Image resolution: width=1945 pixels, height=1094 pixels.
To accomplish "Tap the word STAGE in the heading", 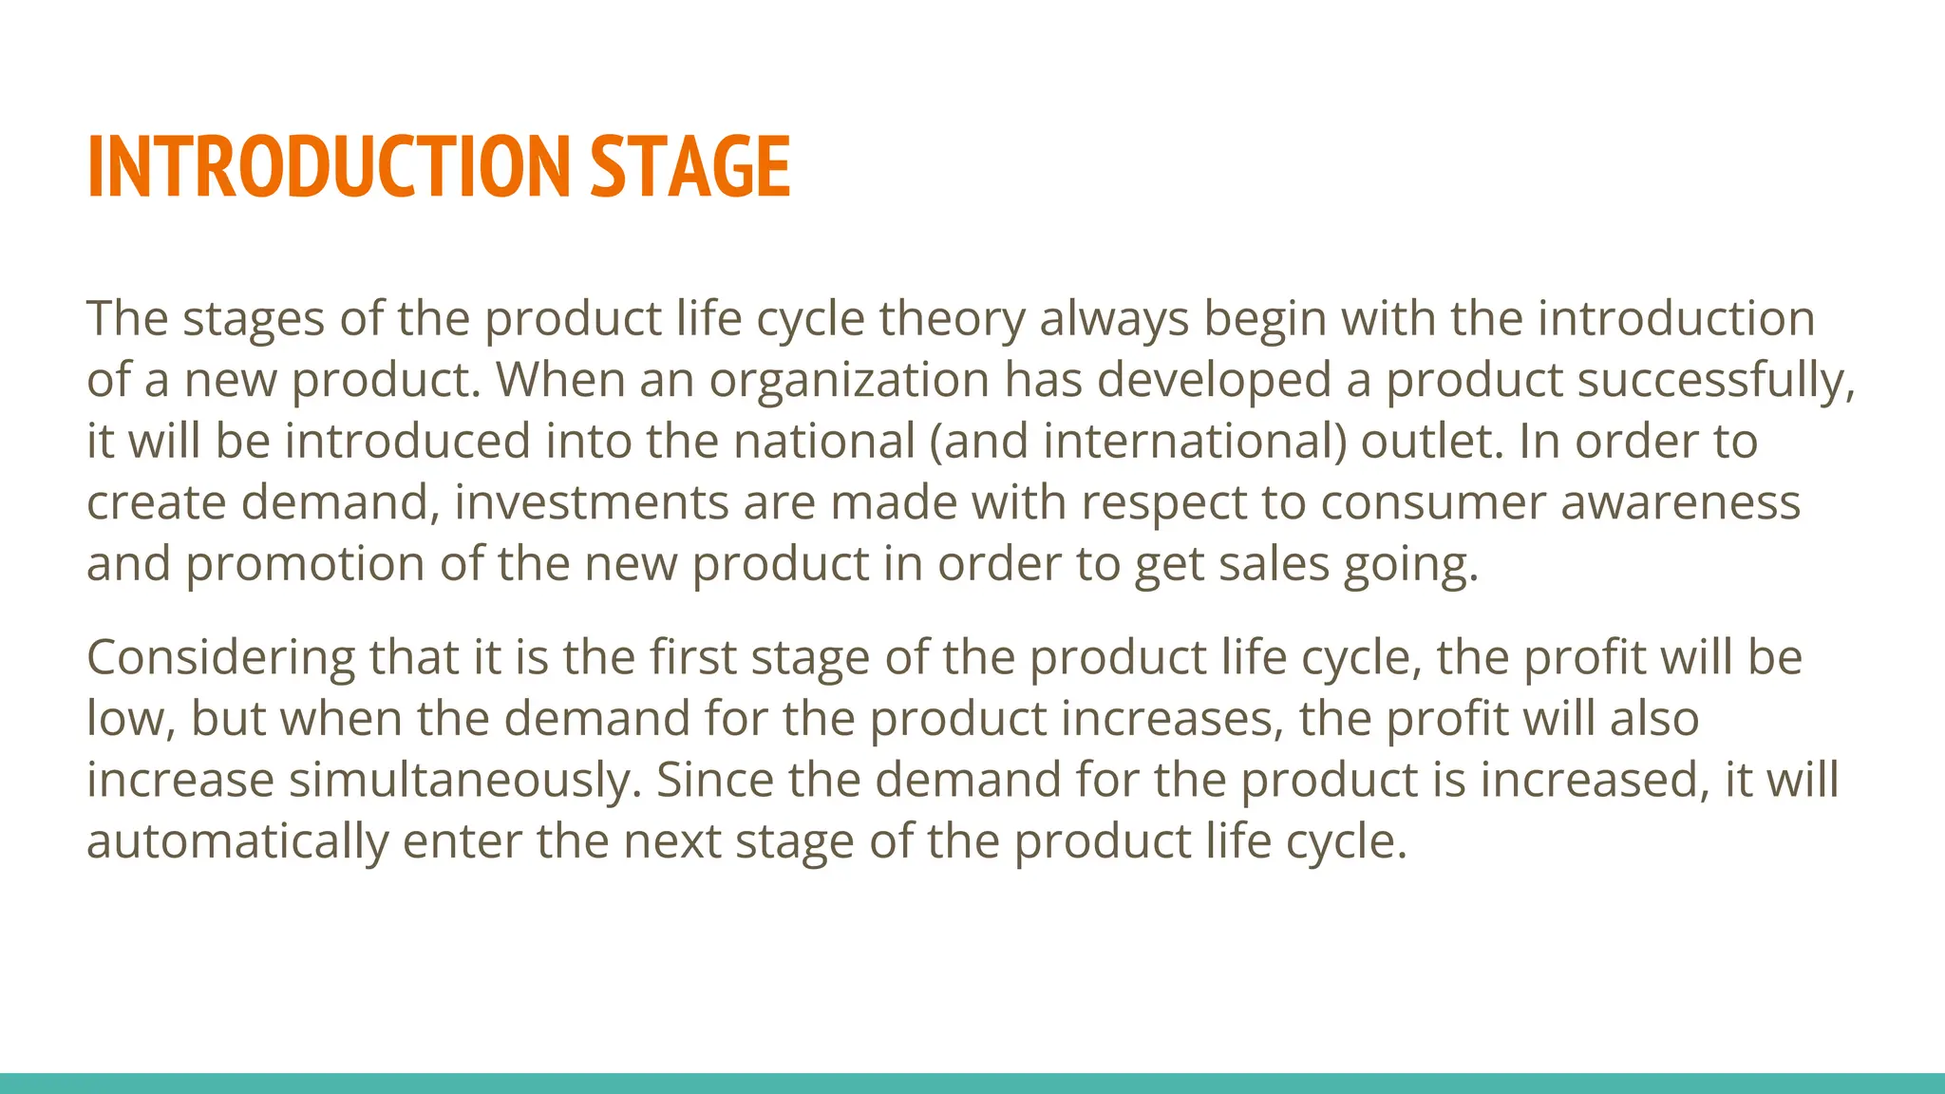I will tap(690, 167).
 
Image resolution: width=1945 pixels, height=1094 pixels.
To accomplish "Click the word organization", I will tap(849, 380).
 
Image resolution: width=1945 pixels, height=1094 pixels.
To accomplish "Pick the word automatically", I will tap(237, 841).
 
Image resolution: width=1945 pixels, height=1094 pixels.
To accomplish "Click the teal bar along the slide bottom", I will tap(972, 1084).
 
